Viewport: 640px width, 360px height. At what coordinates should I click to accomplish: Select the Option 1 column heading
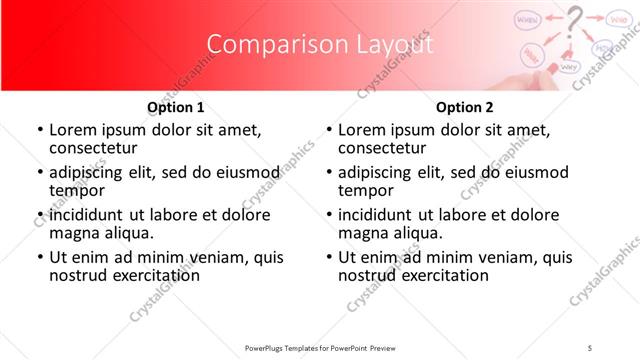(x=176, y=107)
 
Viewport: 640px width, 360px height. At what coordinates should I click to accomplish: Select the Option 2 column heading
(x=465, y=107)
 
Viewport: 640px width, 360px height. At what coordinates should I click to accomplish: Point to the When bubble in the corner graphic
(x=529, y=19)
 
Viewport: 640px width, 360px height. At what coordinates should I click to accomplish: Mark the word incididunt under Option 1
(x=89, y=215)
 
